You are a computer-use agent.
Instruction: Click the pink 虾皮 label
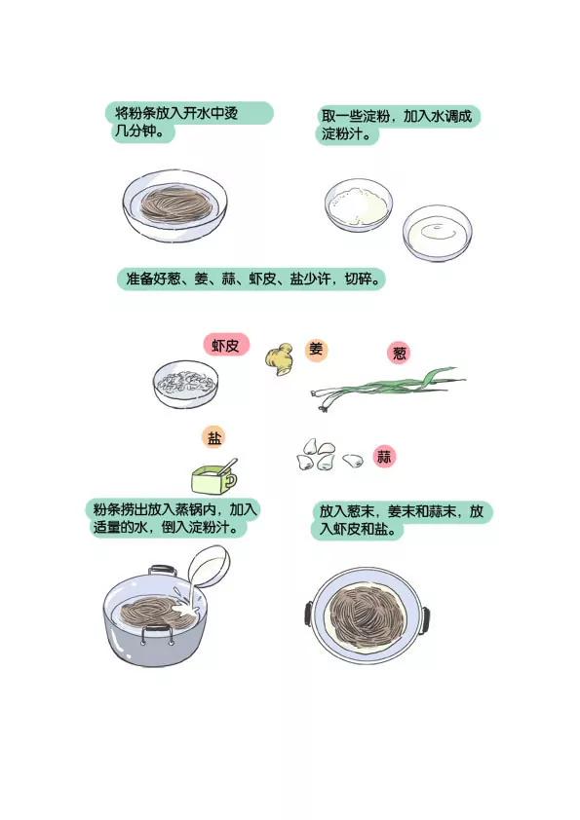(226, 345)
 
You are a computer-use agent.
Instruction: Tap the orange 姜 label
(316, 350)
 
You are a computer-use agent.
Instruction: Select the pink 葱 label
(400, 353)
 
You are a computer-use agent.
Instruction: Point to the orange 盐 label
(214, 438)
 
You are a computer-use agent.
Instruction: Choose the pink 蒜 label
(384, 457)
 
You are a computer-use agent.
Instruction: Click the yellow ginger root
(280, 358)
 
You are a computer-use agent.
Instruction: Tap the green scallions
(387, 388)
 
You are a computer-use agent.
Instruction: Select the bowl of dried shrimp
(185, 384)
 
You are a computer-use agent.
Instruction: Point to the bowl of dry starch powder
(358, 205)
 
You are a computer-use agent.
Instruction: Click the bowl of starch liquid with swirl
(437, 233)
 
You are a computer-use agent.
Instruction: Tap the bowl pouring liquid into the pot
(209, 568)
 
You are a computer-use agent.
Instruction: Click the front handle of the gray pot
(157, 635)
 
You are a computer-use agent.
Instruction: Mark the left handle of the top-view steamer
(309, 614)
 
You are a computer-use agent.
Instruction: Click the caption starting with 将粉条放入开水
(189, 122)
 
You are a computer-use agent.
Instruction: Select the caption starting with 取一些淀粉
(398, 125)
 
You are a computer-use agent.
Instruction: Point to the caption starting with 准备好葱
(251, 279)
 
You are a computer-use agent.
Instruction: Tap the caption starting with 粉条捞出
(174, 518)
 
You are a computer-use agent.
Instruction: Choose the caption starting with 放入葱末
(402, 520)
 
